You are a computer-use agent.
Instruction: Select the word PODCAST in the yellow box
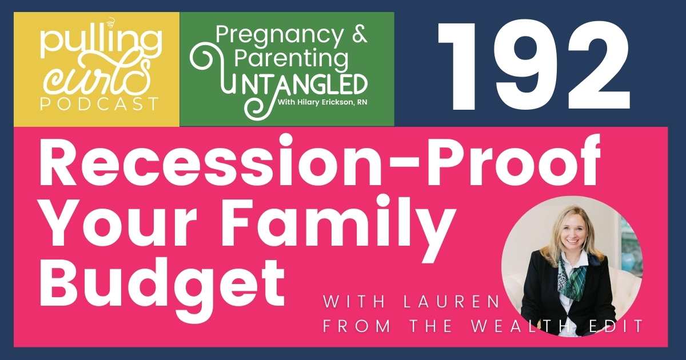coord(99,104)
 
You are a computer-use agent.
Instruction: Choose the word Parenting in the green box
coord(291,59)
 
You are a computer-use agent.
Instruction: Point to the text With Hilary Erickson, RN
coord(322,102)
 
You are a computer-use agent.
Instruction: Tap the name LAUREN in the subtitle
coord(451,302)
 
